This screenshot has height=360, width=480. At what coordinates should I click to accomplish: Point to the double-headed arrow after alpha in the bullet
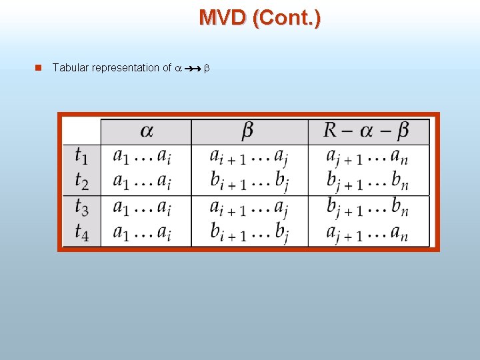tap(193, 68)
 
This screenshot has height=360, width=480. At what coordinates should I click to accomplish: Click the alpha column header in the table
tap(146, 131)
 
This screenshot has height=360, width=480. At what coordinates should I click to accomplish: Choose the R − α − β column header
tap(367, 131)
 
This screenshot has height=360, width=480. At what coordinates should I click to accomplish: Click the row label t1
tap(81, 157)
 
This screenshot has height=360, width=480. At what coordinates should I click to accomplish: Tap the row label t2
tap(81, 181)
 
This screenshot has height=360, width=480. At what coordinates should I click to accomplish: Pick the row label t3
tap(81, 208)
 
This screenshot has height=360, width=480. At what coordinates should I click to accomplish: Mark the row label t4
tap(81, 233)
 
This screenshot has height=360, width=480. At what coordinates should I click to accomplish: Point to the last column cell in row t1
tap(367, 157)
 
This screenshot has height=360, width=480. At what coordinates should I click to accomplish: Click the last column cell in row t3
tap(367, 208)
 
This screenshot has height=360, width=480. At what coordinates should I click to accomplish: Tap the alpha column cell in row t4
tap(141, 233)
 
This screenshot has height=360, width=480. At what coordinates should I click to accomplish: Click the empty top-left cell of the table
tap(81, 131)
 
